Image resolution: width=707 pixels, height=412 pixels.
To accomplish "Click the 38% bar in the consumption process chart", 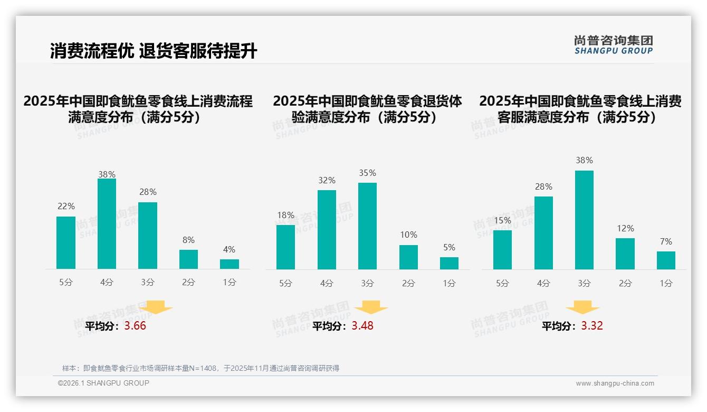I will [x=107, y=224].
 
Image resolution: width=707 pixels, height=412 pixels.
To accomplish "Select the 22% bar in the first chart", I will [x=66, y=243].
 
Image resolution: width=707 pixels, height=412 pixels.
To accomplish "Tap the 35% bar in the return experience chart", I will [x=367, y=226].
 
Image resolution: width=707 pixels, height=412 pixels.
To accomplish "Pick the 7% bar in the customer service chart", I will [x=666, y=260].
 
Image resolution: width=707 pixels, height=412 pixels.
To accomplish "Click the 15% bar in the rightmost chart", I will [x=502, y=250].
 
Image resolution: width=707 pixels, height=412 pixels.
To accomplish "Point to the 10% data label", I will [x=408, y=235].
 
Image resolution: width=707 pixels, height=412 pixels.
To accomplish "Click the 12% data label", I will [x=625, y=228].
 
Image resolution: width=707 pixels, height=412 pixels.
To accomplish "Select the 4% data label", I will [x=229, y=249].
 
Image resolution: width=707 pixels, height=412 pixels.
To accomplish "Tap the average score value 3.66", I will [x=135, y=326].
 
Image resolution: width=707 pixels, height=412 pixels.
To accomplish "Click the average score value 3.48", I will [x=362, y=326].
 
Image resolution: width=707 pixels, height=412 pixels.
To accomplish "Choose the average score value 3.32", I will [x=592, y=326].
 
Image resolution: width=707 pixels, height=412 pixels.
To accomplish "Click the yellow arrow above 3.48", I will [x=371, y=308].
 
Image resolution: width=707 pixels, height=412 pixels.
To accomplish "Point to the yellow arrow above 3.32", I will [x=582, y=308].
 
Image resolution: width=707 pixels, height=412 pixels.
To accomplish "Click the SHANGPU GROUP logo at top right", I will [x=614, y=45].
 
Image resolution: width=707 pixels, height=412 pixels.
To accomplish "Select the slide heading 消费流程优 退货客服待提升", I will [x=154, y=51].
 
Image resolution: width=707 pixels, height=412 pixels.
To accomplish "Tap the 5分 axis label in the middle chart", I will [x=285, y=284].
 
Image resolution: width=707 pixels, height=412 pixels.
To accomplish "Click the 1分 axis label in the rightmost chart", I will [x=666, y=284].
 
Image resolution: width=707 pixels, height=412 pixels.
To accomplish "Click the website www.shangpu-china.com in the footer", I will [x=615, y=383].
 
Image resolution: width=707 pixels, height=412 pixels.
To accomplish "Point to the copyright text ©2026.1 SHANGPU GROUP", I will [x=103, y=383].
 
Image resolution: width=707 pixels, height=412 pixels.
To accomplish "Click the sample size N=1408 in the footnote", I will [x=202, y=368].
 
